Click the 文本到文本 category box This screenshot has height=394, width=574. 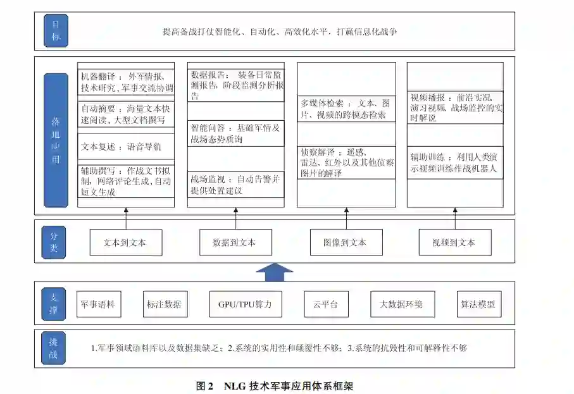[x=125, y=242]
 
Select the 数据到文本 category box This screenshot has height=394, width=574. [x=235, y=242]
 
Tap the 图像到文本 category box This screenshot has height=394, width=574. [x=344, y=242]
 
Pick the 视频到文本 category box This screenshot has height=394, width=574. [x=454, y=242]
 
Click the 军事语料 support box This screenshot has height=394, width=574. [x=98, y=304]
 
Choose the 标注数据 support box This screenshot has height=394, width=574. [x=163, y=304]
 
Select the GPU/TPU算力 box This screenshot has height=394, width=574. [x=246, y=304]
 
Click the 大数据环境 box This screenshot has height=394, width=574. [x=401, y=304]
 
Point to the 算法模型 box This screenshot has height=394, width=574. [x=478, y=304]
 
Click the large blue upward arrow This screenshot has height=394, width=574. [x=273, y=272]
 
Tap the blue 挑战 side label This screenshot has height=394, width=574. [x=54, y=348]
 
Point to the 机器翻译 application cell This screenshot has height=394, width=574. [x=125, y=82]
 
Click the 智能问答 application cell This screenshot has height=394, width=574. [x=235, y=133]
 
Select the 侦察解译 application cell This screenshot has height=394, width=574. [x=344, y=163]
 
